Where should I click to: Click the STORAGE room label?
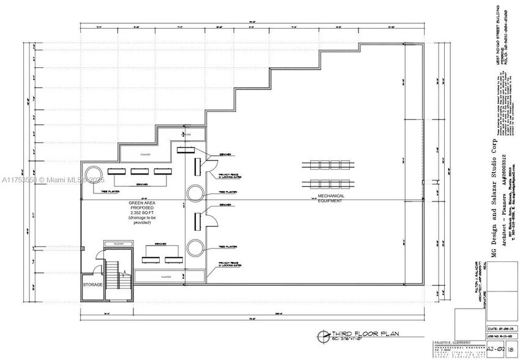click(x=92, y=285)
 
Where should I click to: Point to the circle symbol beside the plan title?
click(x=322, y=335)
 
